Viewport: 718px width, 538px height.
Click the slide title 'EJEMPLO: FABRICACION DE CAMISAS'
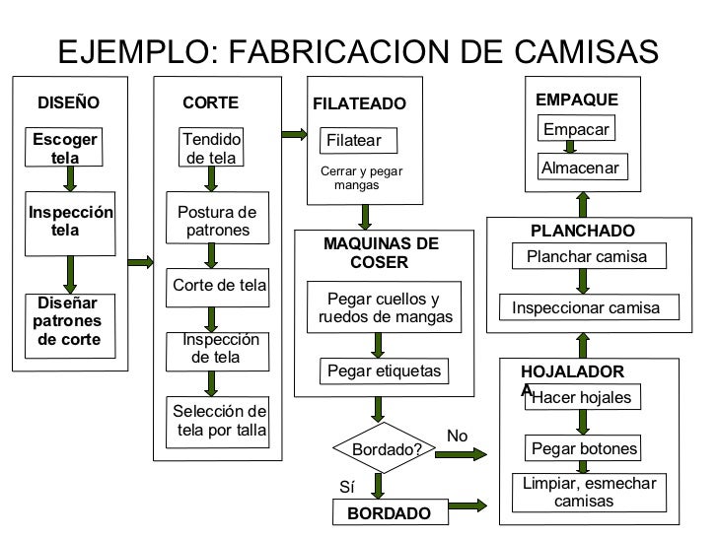(358, 50)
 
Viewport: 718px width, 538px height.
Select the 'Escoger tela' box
(66, 149)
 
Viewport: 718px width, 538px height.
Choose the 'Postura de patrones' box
(216, 222)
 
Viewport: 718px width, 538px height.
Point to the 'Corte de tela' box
(219, 286)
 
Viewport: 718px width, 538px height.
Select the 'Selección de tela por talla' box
(219, 420)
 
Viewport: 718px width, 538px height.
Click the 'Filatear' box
(357, 141)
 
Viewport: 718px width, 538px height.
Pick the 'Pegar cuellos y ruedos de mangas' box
(386, 308)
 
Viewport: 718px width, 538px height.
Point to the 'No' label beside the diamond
(458, 436)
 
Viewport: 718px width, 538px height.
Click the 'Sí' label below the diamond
(347, 488)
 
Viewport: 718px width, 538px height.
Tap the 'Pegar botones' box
(585, 449)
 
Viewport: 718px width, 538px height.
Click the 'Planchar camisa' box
(586, 257)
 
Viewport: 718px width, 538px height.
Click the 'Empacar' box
(576, 129)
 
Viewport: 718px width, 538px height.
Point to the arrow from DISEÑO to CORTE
(141, 261)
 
